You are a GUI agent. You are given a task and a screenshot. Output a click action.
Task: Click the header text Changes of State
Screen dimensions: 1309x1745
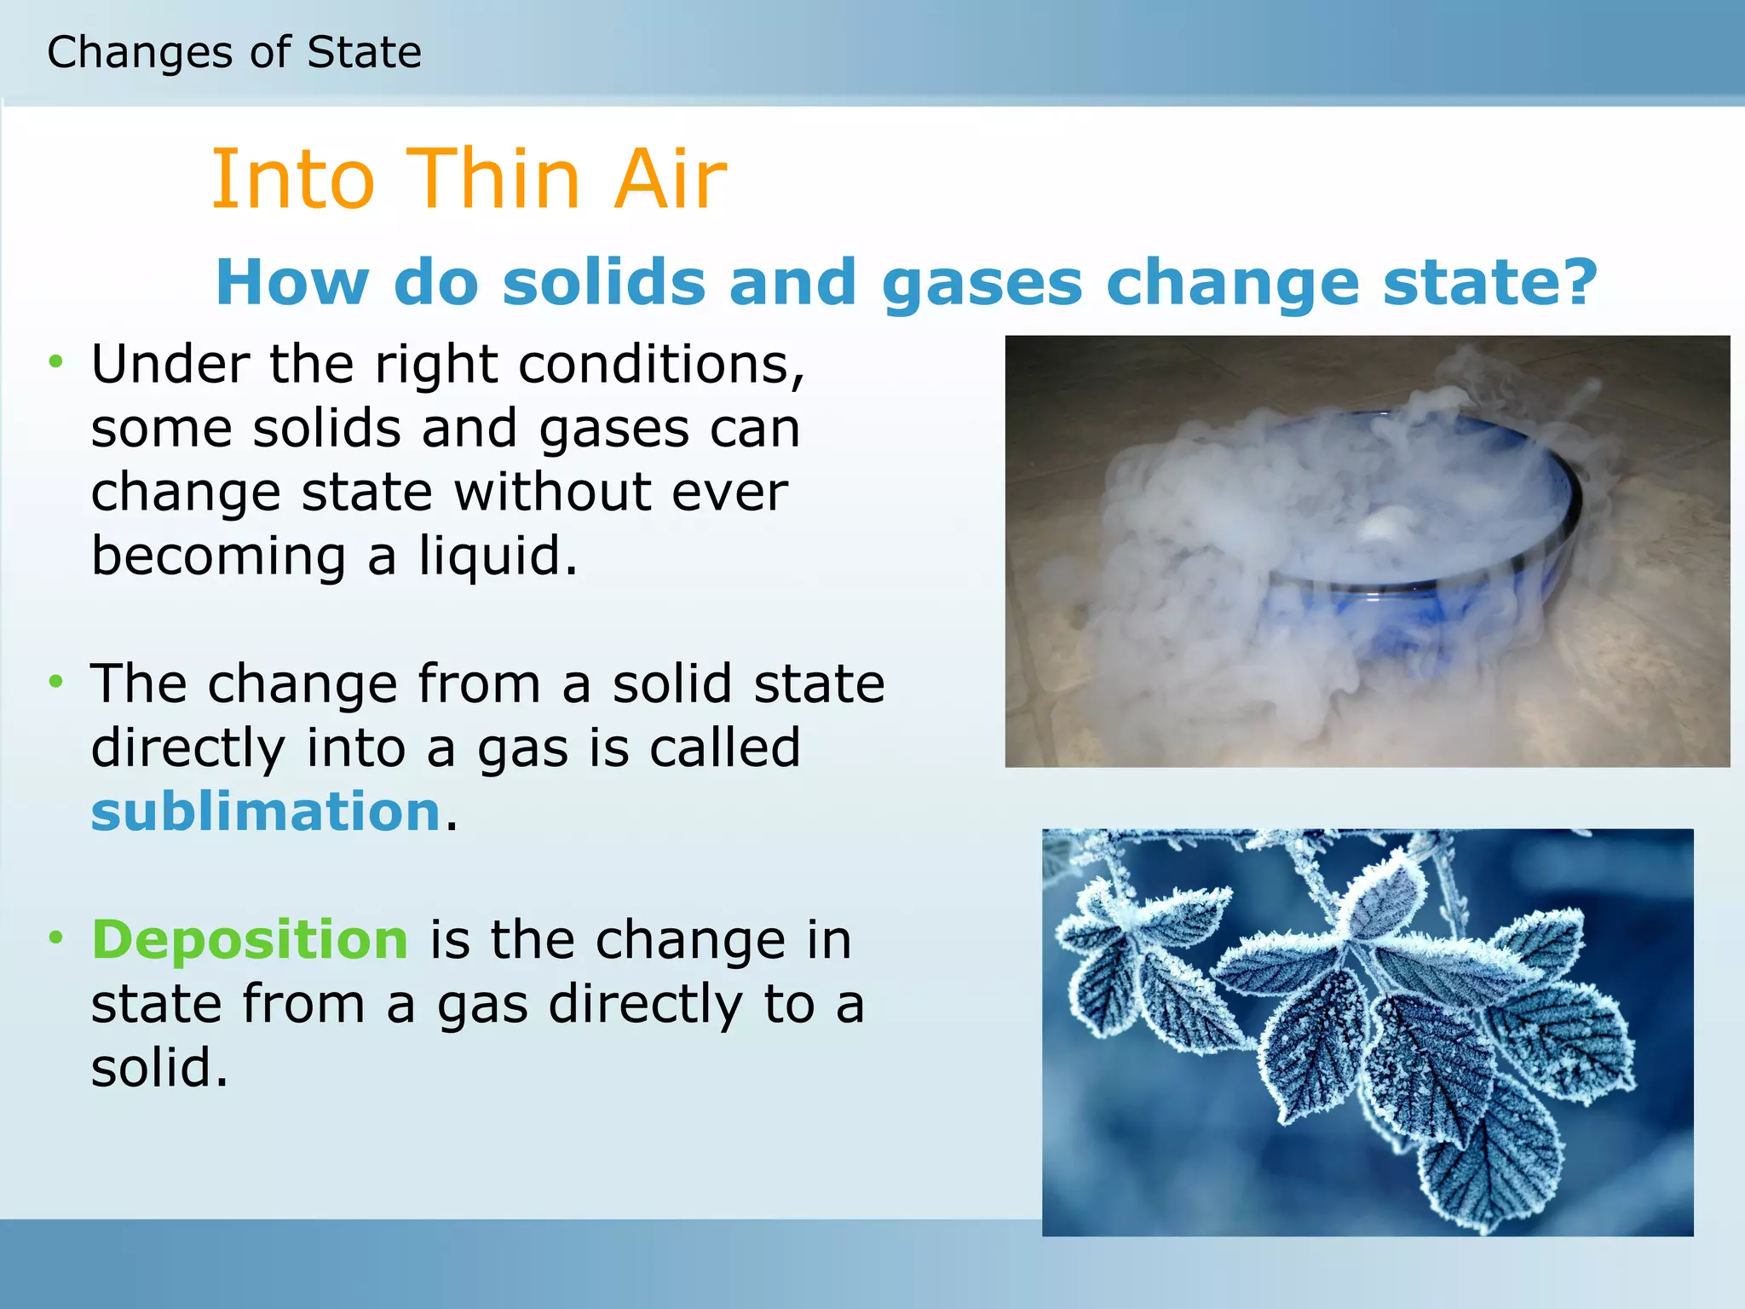(x=234, y=52)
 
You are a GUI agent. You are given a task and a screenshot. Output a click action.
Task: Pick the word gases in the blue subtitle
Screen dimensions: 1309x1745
(x=982, y=284)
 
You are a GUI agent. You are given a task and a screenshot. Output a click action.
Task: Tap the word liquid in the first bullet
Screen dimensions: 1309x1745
(x=498, y=556)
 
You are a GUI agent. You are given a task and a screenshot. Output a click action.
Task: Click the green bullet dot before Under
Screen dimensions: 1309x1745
(x=56, y=361)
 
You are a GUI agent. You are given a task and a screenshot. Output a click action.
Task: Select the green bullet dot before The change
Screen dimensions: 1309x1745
(x=56, y=681)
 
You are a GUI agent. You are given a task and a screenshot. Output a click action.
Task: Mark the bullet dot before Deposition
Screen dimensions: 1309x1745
(x=56, y=937)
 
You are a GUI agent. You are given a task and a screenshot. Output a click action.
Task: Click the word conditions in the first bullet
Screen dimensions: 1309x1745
(x=661, y=365)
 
